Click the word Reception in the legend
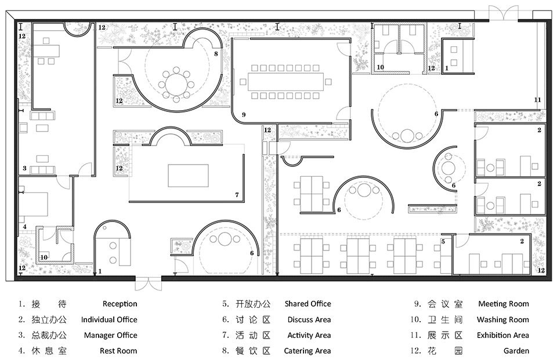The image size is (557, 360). click(120, 304)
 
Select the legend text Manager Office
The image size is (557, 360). click(110, 335)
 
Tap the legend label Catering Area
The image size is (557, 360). click(308, 351)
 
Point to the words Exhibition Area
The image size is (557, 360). click(502, 335)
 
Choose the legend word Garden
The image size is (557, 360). click(516, 351)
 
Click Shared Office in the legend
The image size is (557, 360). click(308, 304)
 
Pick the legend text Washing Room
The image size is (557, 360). click(502, 319)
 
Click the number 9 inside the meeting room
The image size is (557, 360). click(243, 115)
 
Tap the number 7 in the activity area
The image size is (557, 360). click(237, 195)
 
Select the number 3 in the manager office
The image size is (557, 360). click(24, 168)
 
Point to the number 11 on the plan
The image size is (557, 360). click(537, 100)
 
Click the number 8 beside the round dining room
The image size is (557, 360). click(216, 54)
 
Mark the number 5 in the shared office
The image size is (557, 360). click(443, 241)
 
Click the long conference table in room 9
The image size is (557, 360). click(285, 82)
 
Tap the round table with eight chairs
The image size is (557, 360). click(176, 84)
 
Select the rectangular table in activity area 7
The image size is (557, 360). click(188, 175)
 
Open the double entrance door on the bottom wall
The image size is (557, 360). click(148, 283)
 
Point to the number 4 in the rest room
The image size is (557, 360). click(24, 227)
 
